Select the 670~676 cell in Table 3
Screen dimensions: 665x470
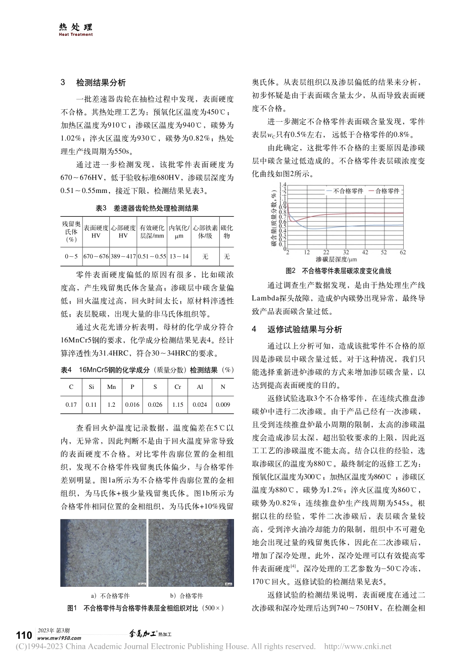click(x=96, y=256)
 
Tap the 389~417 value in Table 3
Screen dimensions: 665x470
click(x=123, y=256)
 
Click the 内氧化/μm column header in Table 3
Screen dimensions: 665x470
click(x=179, y=232)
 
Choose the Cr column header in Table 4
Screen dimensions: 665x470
click(x=178, y=387)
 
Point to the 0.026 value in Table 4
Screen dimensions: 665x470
click(x=155, y=405)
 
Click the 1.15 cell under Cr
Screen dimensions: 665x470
click(x=178, y=405)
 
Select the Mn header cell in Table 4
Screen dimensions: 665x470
click(x=111, y=387)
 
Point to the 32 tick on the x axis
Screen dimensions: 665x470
click(x=346, y=252)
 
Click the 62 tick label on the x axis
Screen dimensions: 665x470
click(x=402, y=252)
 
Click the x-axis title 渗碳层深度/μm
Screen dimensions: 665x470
click(x=337, y=259)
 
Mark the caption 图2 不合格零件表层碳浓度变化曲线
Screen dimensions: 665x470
click(x=339, y=271)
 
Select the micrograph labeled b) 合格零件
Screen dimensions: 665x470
click(x=191, y=552)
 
